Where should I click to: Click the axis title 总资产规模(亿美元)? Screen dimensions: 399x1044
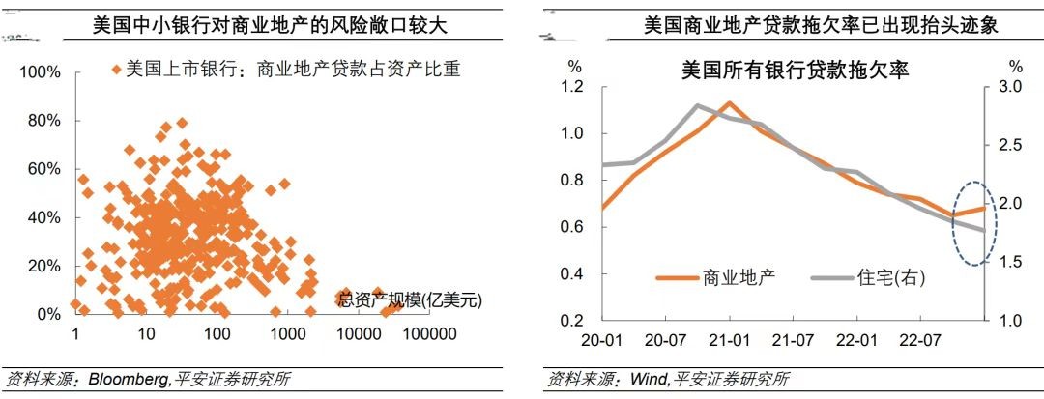click(410, 299)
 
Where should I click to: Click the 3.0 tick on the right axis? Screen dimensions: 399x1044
click(1010, 87)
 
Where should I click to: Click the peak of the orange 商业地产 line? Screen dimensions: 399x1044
click(730, 102)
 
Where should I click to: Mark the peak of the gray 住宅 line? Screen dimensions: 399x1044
click(698, 105)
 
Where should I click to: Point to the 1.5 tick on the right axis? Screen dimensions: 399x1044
click(1010, 262)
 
